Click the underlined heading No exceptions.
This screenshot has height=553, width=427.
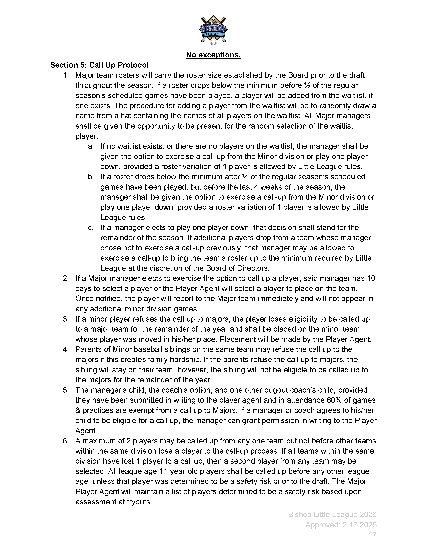click(x=213, y=55)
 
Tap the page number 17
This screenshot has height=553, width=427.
click(x=372, y=535)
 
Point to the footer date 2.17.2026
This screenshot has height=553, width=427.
click(x=360, y=525)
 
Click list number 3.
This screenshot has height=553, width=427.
click(x=66, y=319)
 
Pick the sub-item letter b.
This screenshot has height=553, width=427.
click(x=91, y=177)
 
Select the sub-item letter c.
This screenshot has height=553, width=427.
click(x=91, y=228)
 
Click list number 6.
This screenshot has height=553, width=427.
click(x=66, y=441)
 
